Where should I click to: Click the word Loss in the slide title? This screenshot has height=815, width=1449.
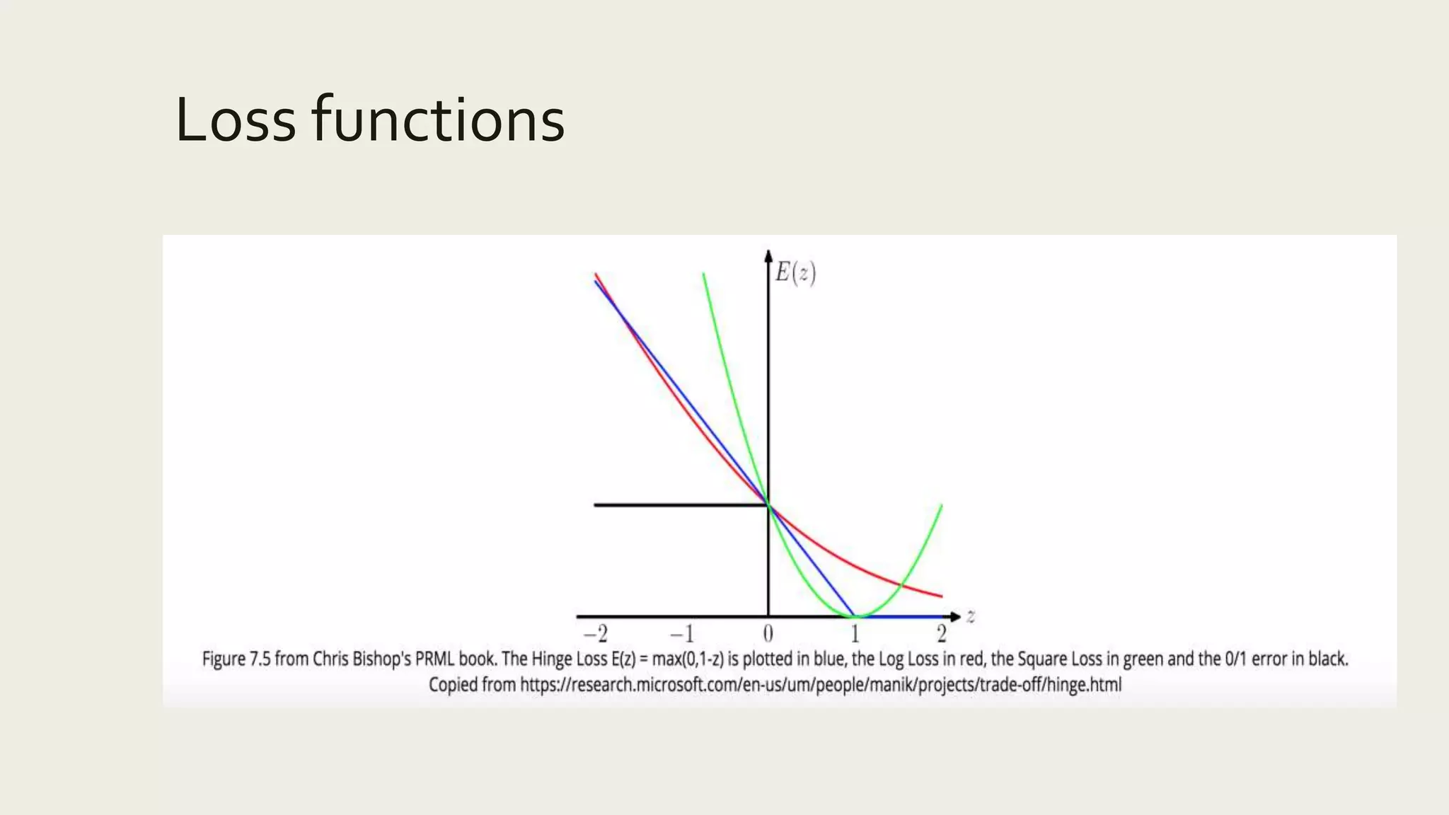tap(235, 120)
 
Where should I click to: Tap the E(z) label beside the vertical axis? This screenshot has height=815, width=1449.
tap(795, 272)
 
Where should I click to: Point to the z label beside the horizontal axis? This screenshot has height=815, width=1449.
tap(971, 617)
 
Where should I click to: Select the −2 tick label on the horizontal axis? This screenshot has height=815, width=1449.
tap(596, 633)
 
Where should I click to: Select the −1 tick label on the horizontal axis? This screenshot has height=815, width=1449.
tap(682, 633)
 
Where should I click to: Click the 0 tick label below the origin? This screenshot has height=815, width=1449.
tap(768, 633)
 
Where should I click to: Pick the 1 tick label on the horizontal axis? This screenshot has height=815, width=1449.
tap(855, 633)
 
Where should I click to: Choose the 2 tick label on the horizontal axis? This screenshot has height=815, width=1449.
tap(941, 633)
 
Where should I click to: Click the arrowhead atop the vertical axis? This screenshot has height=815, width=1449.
tap(768, 255)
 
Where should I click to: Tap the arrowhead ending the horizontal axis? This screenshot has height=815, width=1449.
tap(955, 617)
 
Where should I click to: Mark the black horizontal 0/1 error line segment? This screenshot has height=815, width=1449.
tap(679, 505)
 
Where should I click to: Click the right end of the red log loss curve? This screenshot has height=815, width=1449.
tap(940, 596)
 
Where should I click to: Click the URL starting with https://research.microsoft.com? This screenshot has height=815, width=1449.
tap(821, 685)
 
